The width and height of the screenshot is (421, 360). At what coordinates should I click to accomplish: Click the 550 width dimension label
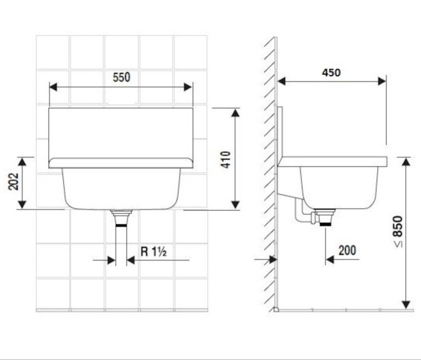tap(122, 77)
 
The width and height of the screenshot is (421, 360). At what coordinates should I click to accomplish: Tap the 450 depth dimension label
tap(332, 73)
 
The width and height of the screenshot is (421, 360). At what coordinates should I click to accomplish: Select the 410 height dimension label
tap(226, 159)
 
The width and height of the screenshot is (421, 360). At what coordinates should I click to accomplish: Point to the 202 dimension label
tap(14, 182)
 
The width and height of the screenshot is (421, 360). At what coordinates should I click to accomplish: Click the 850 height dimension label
tap(398, 226)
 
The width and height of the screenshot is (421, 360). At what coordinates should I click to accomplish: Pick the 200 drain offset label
tap(347, 250)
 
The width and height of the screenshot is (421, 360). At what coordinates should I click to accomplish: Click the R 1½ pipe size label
tap(154, 252)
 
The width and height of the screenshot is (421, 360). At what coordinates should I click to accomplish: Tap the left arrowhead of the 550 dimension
tap(54, 87)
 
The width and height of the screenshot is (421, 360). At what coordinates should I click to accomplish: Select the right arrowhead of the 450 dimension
tap(382, 81)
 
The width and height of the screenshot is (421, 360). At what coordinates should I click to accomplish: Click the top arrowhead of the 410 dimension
tap(235, 113)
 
